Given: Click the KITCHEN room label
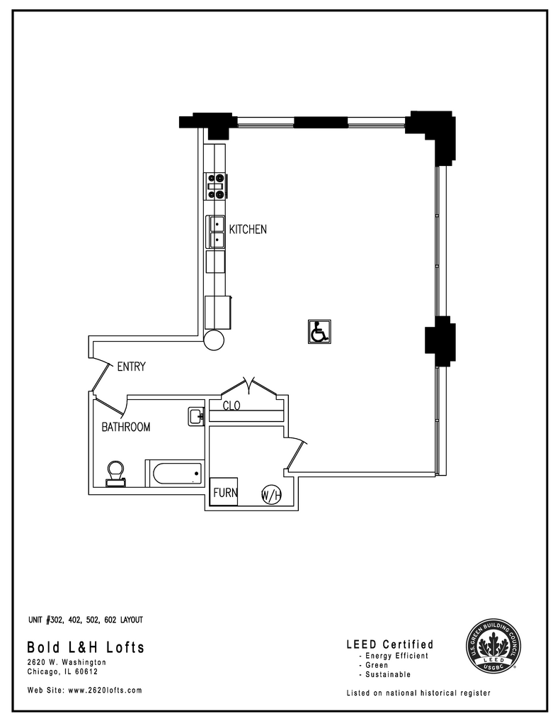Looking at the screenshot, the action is (x=247, y=230).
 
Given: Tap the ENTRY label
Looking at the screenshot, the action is (x=131, y=367).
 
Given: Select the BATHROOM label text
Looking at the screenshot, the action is (x=126, y=427).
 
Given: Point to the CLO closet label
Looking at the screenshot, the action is (x=232, y=406).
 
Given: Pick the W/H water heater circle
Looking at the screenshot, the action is (x=271, y=495).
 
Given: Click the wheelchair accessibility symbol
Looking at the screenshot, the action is (x=319, y=331).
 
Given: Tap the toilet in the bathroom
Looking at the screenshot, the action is (x=115, y=474).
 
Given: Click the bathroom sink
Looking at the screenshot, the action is (x=196, y=417).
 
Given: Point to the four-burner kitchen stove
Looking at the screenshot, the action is (x=216, y=185).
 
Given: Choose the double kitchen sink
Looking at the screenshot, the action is (x=216, y=232).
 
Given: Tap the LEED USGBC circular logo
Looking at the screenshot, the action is (x=494, y=646).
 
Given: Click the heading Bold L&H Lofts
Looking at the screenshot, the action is (x=86, y=647).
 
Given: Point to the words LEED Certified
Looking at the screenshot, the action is (x=389, y=644).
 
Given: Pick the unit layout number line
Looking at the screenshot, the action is (x=85, y=620).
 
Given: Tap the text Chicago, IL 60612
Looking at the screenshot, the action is (x=62, y=672).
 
